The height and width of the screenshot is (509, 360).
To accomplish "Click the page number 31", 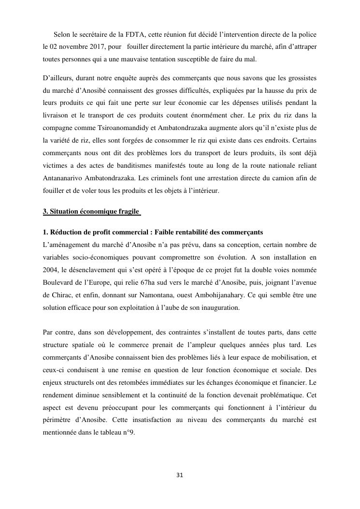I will coord(180,475).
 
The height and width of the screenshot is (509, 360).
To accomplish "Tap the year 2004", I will coord(51,270).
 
